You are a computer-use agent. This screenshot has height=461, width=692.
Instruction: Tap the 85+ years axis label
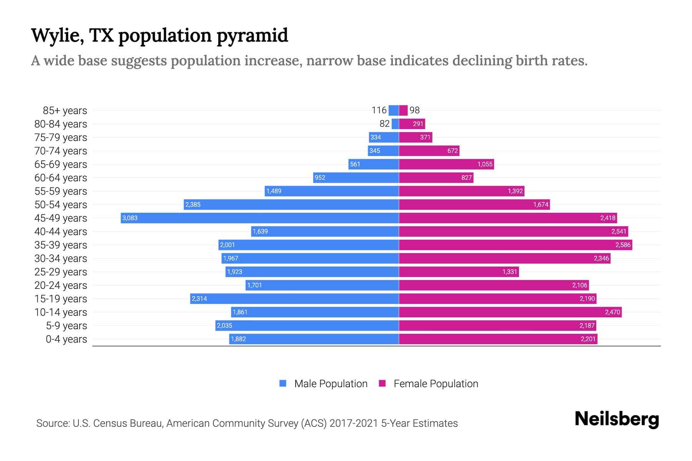pos(65,111)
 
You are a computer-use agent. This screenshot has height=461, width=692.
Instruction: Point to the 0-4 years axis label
pos(66,339)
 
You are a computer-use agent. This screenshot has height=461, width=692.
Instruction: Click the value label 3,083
pos(130,218)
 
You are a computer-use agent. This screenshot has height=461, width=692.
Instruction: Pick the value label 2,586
pos(623,245)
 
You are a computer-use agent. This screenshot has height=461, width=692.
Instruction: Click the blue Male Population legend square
pos(283,383)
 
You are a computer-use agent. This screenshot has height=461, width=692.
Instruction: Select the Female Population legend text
pos(436,384)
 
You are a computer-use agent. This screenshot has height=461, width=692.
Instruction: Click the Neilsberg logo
pos(617,419)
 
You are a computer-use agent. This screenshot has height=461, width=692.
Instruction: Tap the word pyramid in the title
pos(252,36)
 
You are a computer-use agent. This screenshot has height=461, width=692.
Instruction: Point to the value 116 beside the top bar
pos(379,110)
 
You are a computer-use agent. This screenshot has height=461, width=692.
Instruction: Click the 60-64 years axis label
pos(61,178)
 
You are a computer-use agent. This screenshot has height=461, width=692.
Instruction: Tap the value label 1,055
pos(485,164)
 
